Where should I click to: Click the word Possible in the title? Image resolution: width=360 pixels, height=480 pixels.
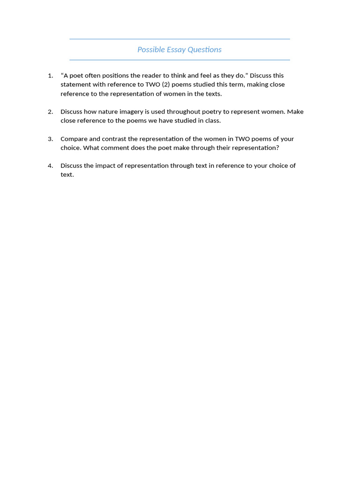[149, 50]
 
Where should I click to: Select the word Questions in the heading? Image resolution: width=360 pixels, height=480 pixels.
[204, 50]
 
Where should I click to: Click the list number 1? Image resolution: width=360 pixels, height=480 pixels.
[50, 75]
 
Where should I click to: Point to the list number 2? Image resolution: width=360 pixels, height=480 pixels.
[50, 112]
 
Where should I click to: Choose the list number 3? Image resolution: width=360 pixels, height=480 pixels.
[50, 139]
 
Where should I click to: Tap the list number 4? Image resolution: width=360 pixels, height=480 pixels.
[50, 165]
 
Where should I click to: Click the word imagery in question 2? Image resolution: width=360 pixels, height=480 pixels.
[126, 112]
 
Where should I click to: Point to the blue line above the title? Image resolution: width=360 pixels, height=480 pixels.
[180, 39]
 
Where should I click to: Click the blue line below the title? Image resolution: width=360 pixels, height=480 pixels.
[180, 60]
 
